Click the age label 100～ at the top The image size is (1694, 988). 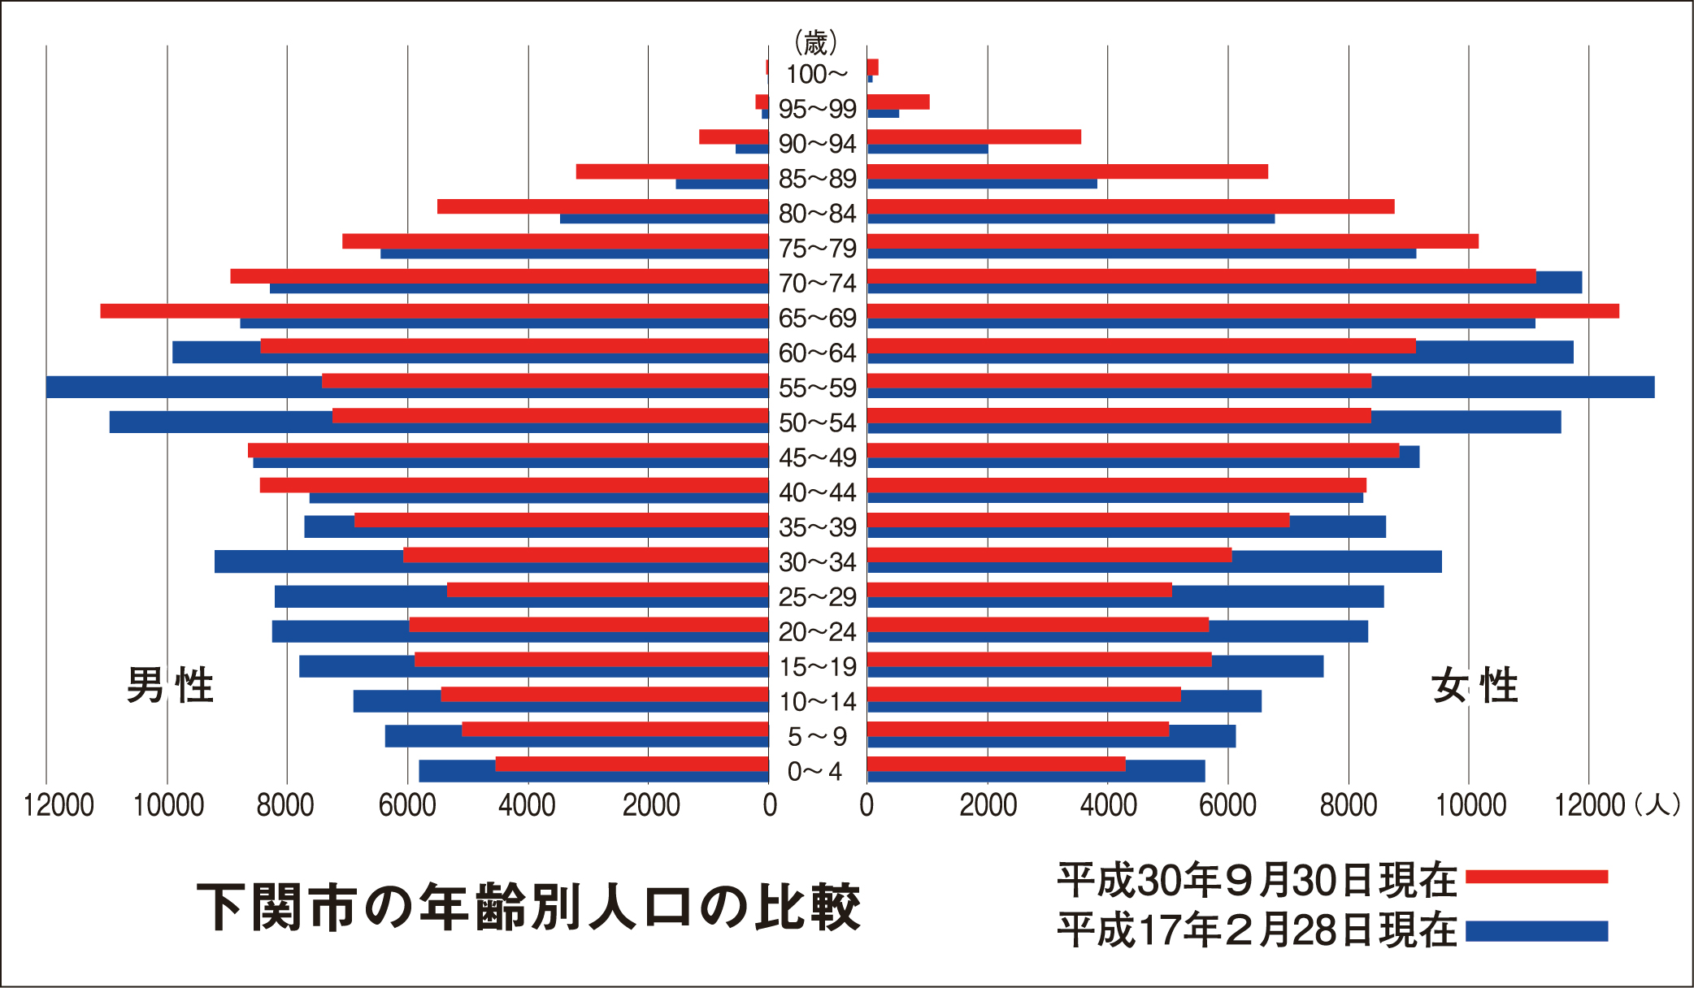(x=816, y=75)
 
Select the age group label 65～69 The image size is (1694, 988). (x=817, y=318)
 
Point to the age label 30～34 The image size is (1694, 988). (x=817, y=562)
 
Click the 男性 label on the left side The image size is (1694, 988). (x=170, y=685)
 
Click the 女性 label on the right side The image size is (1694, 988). (x=1475, y=685)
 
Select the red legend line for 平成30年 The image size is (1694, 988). (x=1536, y=877)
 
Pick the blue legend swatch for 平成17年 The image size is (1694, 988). (x=1536, y=931)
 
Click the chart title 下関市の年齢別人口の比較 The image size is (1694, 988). (x=528, y=907)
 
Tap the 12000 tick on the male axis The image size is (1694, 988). (x=59, y=805)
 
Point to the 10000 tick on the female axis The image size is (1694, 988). (x=1470, y=805)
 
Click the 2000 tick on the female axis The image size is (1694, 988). (x=988, y=805)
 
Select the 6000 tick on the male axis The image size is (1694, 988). (x=407, y=805)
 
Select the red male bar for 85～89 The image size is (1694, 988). (x=672, y=171)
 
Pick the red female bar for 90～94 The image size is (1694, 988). (x=974, y=136)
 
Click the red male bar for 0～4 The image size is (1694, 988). (x=632, y=764)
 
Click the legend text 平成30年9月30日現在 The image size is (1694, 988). (x=1257, y=879)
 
